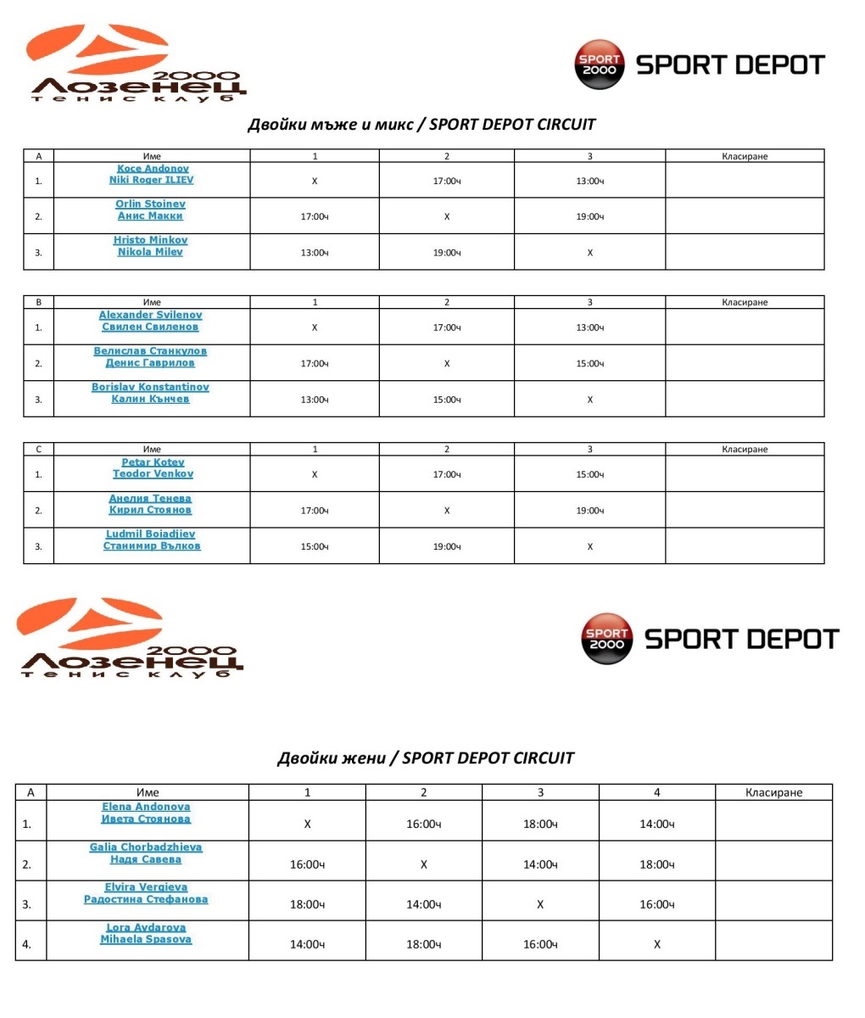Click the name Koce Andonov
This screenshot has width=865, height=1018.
[x=153, y=169]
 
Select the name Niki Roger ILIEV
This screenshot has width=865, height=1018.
[x=151, y=180]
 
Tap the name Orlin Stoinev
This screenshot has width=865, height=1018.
[x=150, y=204]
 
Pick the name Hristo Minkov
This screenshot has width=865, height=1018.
[x=150, y=240]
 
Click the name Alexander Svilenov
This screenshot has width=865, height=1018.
[x=150, y=316]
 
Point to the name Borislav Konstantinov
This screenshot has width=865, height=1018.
[x=150, y=388]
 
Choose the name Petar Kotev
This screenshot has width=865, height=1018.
[x=153, y=462]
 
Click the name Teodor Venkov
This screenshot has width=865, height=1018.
[x=153, y=474]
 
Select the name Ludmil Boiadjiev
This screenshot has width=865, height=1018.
[x=150, y=534]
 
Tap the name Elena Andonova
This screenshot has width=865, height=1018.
[x=146, y=808]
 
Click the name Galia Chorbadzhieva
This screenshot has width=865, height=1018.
[x=146, y=847]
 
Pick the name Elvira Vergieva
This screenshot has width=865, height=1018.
[x=146, y=887]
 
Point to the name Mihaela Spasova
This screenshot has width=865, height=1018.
[x=146, y=940]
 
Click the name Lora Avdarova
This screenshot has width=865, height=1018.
[x=146, y=928]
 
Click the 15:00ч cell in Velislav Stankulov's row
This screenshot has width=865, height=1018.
[x=589, y=364]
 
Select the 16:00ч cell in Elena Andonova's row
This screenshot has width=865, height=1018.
[x=423, y=824]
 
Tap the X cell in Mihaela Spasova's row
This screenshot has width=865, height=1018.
[x=656, y=944]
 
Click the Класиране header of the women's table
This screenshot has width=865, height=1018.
[x=773, y=793]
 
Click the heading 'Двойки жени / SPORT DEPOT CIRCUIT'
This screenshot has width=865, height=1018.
[x=426, y=758]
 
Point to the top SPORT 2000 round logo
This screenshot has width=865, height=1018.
[x=600, y=64]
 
